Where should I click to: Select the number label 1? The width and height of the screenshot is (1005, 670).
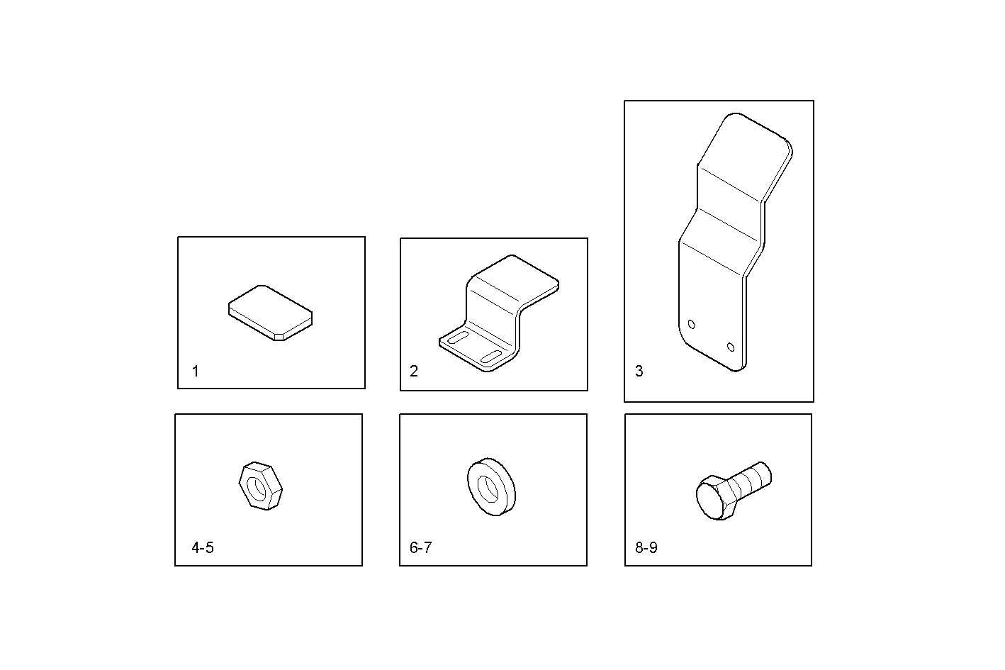coord(196,371)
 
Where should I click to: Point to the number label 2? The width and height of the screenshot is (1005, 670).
coord(414,371)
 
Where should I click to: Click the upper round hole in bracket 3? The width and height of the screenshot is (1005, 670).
coord(692,325)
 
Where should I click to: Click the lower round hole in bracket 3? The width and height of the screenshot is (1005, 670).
coord(731,347)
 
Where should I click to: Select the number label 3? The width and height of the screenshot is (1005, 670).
coord(639,371)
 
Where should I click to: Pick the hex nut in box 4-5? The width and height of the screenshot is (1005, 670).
coord(260,486)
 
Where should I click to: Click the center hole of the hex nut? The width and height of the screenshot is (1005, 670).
coord(255,486)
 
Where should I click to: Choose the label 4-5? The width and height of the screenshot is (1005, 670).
coord(203,547)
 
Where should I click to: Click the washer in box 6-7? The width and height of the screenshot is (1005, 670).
coord(491,486)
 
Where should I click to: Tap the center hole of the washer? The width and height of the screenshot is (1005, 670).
coord(487,486)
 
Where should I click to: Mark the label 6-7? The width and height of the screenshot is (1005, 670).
coord(421,547)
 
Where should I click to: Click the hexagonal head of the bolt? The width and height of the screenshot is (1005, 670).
coord(714,500)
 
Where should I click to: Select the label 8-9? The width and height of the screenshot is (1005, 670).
coord(646,547)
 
